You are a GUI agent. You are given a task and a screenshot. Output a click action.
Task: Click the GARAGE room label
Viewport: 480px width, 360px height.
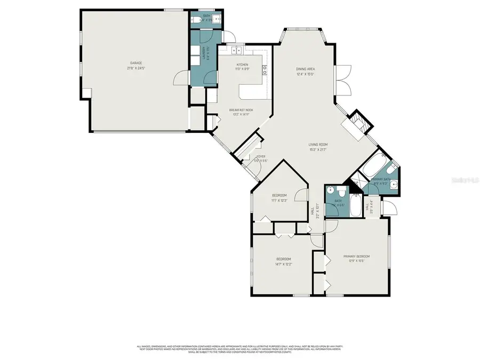pyautogui.click(x=136, y=63)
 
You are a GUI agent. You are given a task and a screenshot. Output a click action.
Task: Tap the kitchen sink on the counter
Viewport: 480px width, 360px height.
pyautogui.click(x=237, y=51)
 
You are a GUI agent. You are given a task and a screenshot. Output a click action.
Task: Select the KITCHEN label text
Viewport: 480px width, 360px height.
pyautogui.click(x=242, y=65)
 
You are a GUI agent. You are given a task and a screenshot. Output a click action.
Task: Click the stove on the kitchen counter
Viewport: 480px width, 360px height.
pyautogui.click(x=264, y=69)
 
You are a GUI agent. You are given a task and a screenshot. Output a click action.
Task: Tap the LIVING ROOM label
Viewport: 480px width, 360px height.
pyautogui.click(x=317, y=145)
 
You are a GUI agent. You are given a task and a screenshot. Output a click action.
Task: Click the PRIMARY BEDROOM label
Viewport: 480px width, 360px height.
pyautogui.click(x=356, y=256)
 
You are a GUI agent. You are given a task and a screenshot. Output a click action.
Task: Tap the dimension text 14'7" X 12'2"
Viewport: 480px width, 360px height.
pyautogui.click(x=283, y=264)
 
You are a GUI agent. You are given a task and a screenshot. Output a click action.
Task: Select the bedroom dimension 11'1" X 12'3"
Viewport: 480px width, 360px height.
pyautogui.click(x=279, y=200)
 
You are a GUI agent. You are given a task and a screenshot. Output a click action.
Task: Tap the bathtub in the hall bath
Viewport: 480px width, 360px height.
pyautogui.click(x=354, y=209)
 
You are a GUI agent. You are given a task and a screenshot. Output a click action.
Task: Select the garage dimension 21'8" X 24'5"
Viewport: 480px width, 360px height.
pyautogui.click(x=136, y=68)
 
